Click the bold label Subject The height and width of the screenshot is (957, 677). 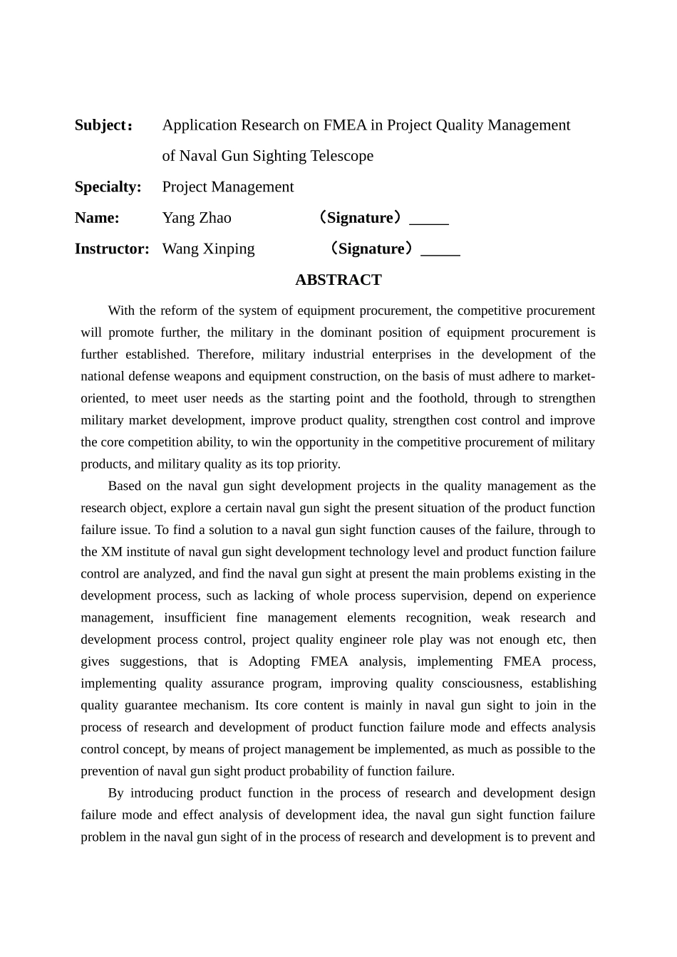[x=100, y=125]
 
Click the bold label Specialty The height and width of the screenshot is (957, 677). [x=108, y=187]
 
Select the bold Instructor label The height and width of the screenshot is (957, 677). [x=112, y=249]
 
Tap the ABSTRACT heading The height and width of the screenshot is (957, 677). [x=338, y=280]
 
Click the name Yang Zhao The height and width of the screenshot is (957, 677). [x=197, y=218]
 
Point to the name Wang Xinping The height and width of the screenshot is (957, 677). [x=208, y=249]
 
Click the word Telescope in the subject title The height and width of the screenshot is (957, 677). [x=341, y=156]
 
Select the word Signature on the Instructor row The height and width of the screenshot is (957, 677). [x=371, y=249]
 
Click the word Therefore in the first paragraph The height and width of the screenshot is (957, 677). [x=223, y=355]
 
